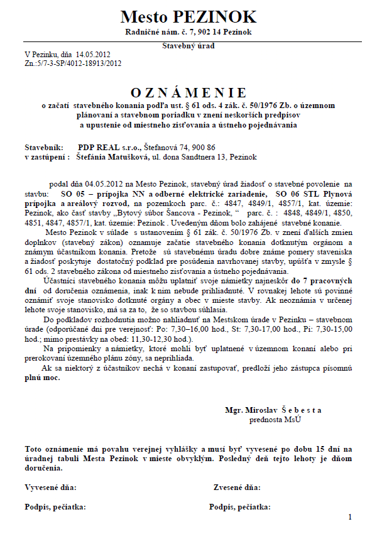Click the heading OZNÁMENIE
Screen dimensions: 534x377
pos(188,93)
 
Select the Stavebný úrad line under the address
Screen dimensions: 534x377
pos(188,46)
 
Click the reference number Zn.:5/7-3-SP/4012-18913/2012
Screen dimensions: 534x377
pos(73,63)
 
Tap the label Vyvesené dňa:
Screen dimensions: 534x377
pos(50,487)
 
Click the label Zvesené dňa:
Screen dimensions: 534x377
pos(237,487)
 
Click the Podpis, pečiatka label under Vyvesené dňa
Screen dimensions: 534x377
pos(55,506)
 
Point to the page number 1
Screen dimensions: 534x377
pos(350,516)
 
